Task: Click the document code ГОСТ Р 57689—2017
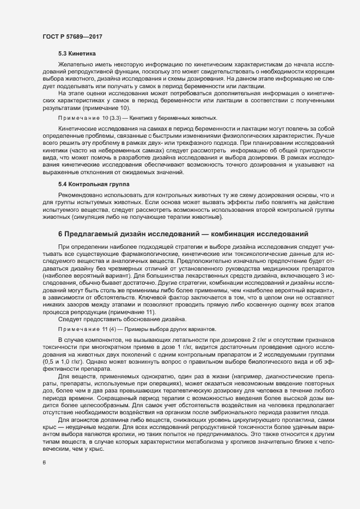[72, 36]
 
